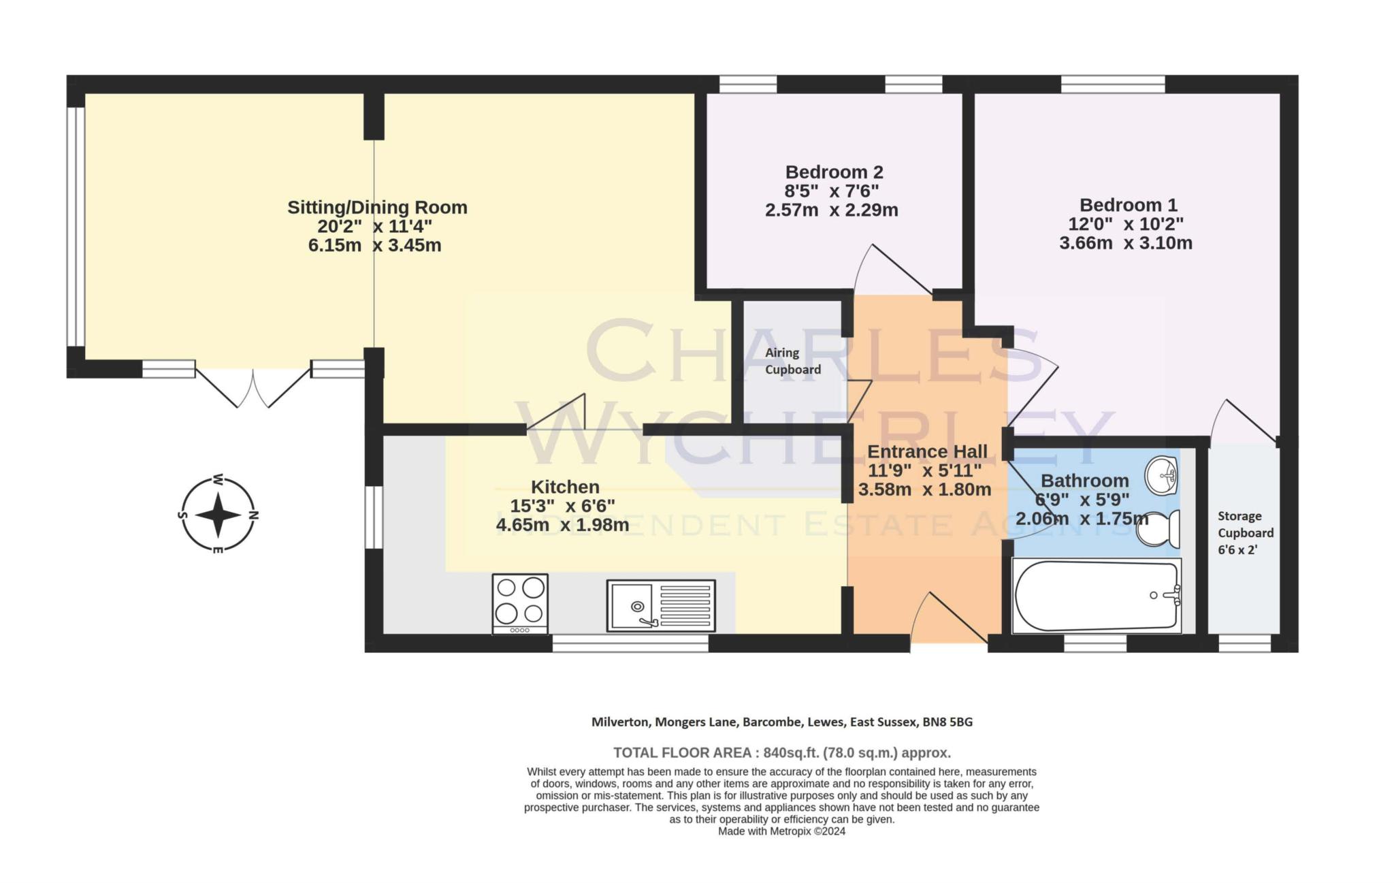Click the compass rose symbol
(x=218, y=515)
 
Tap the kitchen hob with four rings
(x=520, y=604)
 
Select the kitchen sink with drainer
(x=661, y=605)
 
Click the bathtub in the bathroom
(x=1097, y=596)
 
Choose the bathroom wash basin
(x=1162, y=475)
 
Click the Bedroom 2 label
(x=834, y=172)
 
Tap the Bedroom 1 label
(x=1128, y=205)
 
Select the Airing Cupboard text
(x=792, y=361)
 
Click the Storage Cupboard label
(x=1245, y=524)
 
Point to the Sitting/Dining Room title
(x=377, y=207)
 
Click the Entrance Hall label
(x=927, y=451)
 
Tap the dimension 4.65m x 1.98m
(x=562, y=525)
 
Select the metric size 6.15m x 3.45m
(x=374, y=245)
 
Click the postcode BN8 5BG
(x=947, y=722)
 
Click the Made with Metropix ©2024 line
(x=781, y=831)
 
